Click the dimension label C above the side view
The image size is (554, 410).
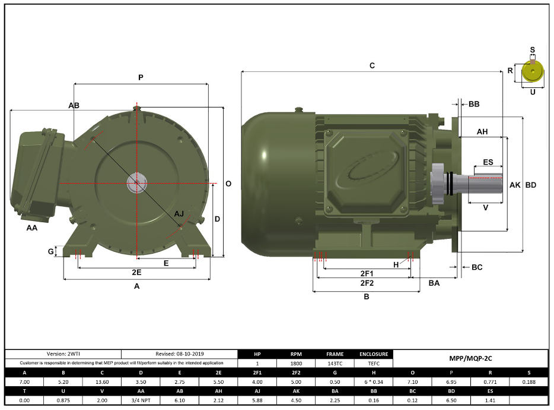[x=372, y=65]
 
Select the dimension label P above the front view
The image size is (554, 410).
[x=141, y=77]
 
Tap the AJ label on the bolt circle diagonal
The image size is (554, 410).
[x=179, y=213]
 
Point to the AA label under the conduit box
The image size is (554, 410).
[x=32, y=227]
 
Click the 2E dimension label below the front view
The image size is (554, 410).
[x=136, y=272]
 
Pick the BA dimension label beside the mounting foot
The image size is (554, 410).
[x=434, y=283]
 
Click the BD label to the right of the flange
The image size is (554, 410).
[x=531, y=185]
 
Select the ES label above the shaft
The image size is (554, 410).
[x=488, y=162]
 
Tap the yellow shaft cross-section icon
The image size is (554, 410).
[x=533, y=72]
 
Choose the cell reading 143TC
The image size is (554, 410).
[x=335, y=362]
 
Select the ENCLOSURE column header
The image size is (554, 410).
[x=374, y=354]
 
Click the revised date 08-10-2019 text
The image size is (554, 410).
[x=179, y=354]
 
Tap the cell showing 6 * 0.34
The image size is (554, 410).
[x=374, y=382]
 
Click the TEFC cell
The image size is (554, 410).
[x=374, y=362]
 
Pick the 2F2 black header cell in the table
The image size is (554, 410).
[x=296, y=373]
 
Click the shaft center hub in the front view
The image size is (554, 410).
[x=136, y=183]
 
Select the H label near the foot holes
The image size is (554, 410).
[x=397, y=264]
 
